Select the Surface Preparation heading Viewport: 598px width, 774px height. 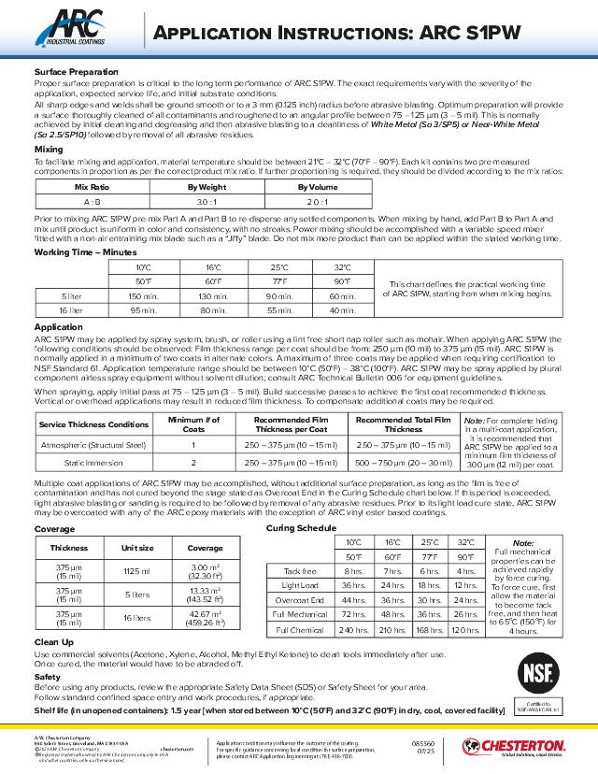tap(76, 72)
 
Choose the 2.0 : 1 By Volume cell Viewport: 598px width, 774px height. tap(317, 201)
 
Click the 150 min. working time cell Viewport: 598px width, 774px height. tap(142, 296)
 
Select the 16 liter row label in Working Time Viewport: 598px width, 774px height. tap(71, 310)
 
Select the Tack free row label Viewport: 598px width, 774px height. tap(299, 570)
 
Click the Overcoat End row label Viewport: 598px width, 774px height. tap(299, 600)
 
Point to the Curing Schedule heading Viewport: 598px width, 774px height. tap(301, 529)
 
